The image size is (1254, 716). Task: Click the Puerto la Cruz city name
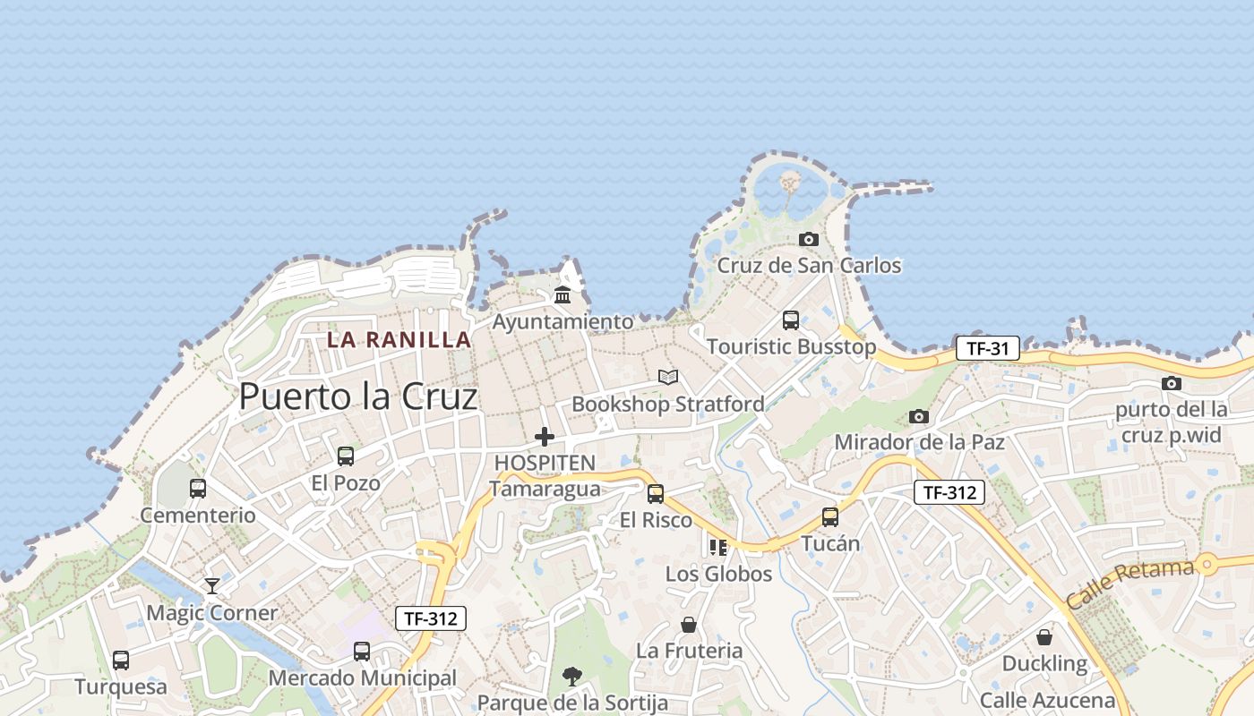(x=358, y=396)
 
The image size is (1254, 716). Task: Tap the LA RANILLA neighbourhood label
(x=399, y=340)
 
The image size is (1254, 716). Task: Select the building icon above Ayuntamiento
(x=563, y=294)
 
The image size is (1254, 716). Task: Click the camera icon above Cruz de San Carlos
(x=809, y=239)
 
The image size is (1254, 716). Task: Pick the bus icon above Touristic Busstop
(x=791, y=320)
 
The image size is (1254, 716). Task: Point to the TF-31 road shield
(x=987, y=348)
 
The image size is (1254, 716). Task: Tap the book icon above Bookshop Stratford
(x=668, y=378)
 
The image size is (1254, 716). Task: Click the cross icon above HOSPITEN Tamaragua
(x=545, y=437)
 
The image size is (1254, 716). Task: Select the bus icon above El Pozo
(x=346, y=456)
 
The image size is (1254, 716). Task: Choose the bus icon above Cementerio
(x=198, y=489)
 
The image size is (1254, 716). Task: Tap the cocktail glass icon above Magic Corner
(x=212, y=586)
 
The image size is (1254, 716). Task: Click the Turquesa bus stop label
(x=121, y=686)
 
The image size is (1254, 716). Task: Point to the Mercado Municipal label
(x=362, y=678)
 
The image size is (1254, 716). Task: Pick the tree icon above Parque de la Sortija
(x=572, y=676)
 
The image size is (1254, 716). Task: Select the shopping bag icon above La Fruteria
(x=689, y=624)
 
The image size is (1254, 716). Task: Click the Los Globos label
(x=718, y=574)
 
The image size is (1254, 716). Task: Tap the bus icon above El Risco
(x=656, y=493)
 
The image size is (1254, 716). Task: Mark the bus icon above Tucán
(x=830, y=516)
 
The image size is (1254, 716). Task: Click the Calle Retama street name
(x=1129, y=584)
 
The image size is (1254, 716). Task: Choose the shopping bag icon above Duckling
(x=1044, y=637)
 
